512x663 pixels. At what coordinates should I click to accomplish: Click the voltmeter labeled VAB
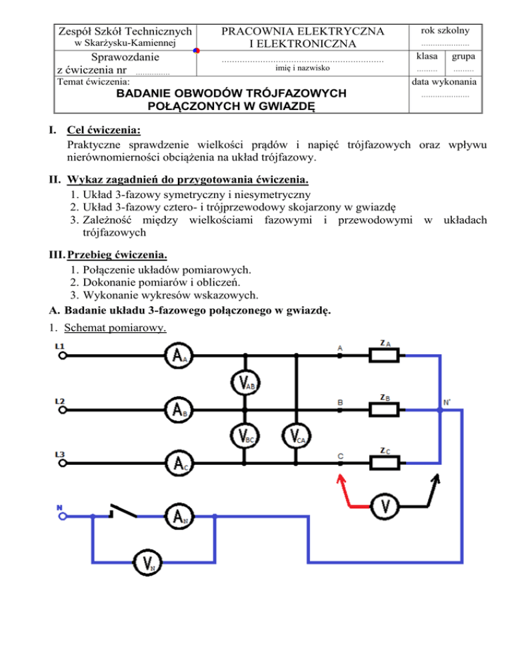244,382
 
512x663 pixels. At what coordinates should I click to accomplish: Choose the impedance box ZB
384,408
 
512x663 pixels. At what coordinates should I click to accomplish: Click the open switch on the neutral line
123,510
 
